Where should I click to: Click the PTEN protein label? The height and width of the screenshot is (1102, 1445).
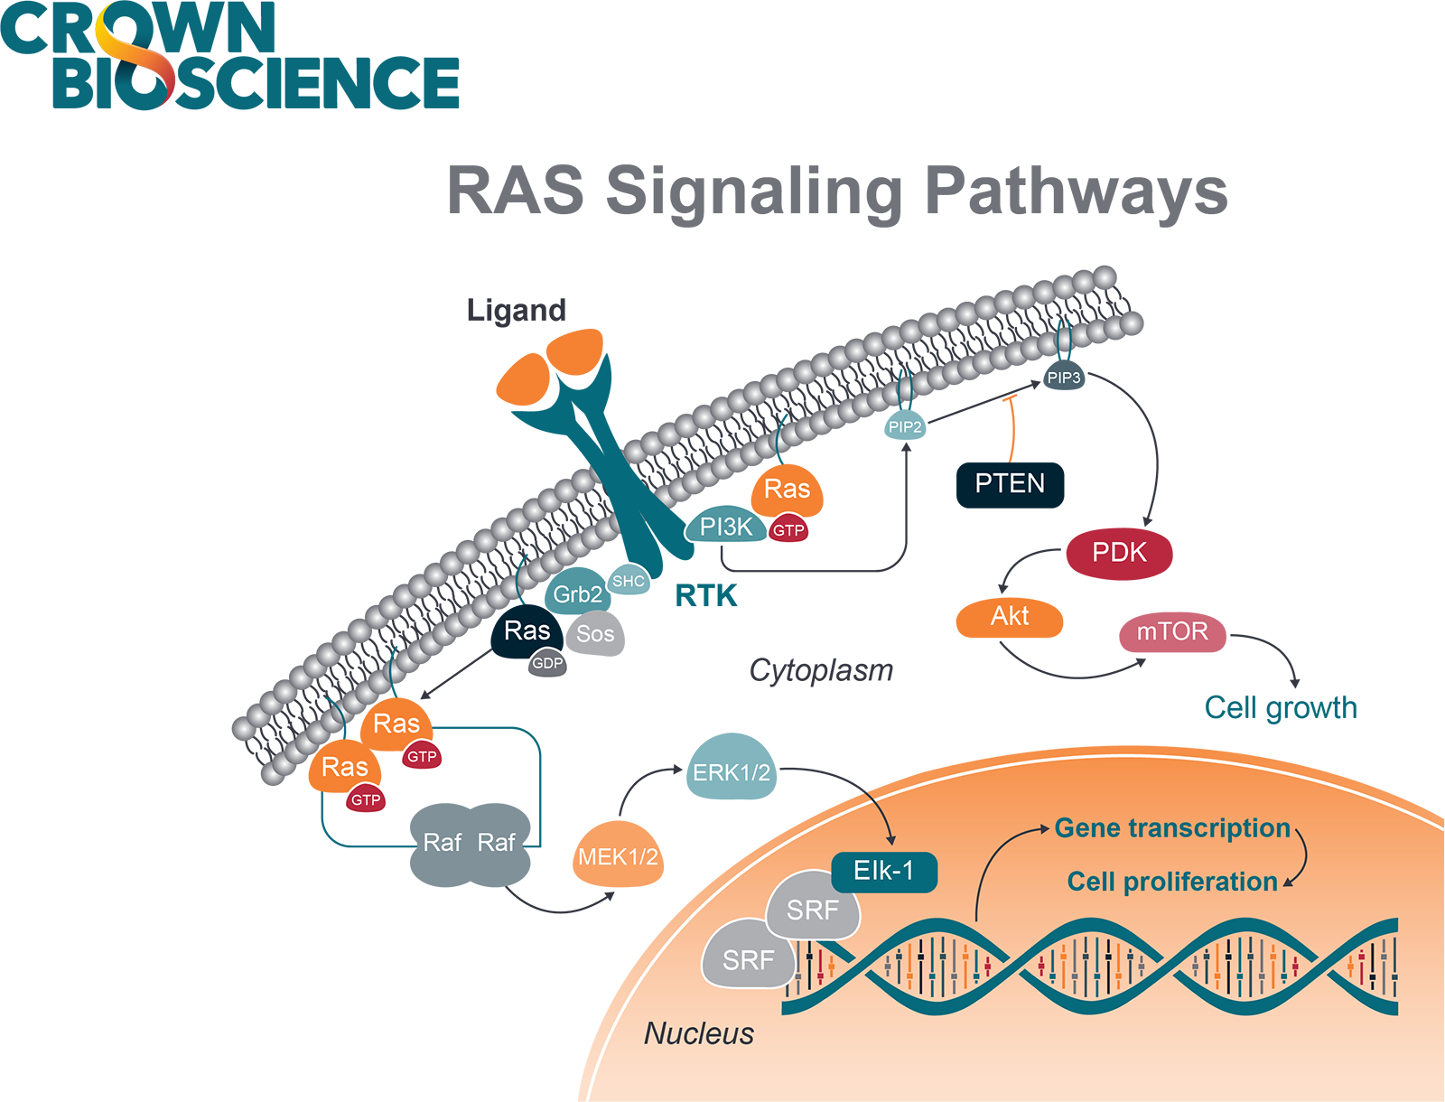pyautogui.click(x=1010, y=484)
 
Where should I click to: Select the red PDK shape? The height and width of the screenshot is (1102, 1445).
pyautogui.click(x=1120, y=553)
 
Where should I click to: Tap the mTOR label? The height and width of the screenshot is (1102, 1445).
pyautogui.click(x=1171, y=631)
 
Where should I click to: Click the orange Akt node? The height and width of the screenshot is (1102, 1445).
pyautogui.click(x=1010, y=616)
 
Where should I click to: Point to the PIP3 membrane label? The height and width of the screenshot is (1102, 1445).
pyautogui.click(x=1064, y=378)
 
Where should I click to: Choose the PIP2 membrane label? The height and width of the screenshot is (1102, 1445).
pyautogui.click(x=905, y=427)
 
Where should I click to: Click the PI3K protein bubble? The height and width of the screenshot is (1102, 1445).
pyautogui.click(x=725, y=528)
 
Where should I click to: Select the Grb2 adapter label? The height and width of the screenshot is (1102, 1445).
pyautogui.click(x=577, y=594)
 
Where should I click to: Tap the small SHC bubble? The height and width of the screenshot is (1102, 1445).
pyautogui.click(x=629, y=581)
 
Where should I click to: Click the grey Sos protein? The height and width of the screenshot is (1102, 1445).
pyautogui.click(x=596, y=635)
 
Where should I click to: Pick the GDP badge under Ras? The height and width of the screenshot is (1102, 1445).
pyautogui.click(x=547, y=664)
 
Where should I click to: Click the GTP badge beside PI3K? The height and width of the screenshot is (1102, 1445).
pyautogui.click(x=788, y=531)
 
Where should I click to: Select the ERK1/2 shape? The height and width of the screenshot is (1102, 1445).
pyautogui.click(x=731, y=773)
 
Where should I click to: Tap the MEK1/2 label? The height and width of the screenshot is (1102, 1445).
pyautogui.click(x=618, y=857)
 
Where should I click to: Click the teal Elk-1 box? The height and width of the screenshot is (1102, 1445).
pyautogui.click(x=883, y=871)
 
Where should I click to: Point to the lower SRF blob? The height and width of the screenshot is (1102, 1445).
pyautogui.click(x=748, y=959)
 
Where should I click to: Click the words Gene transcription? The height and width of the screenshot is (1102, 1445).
pyautogui.click(x=1171, y=828)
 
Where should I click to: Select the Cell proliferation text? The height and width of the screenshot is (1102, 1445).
pyautogui.click(x=1171, y=882)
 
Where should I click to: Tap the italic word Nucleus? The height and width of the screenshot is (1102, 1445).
pyautogui.click(x=698, y=1033)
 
